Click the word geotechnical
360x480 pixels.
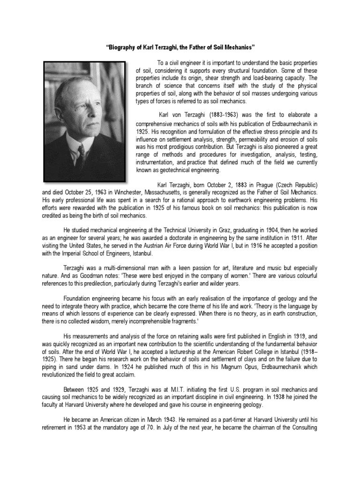(x=182, y=170)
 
